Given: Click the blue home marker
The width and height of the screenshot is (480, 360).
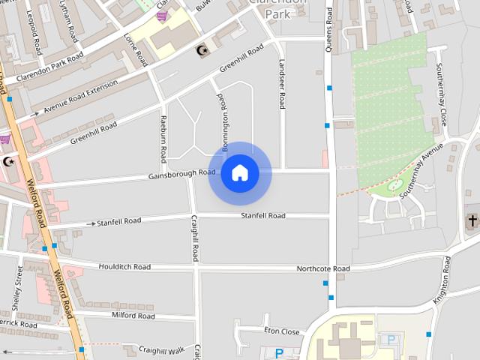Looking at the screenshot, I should pyautogui.click(x=239, y=172).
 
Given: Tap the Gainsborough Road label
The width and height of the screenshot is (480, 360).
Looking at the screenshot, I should pyautogui.click(x=181, y=173).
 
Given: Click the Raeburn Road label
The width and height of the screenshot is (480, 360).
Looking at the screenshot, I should pyautogui.click(x=163, y=138).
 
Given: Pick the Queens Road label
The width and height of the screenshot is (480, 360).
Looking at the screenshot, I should pyautogui.click(x=328, y=30).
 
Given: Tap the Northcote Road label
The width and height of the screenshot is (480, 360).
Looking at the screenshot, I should pyautogui.click(x=322, y=268).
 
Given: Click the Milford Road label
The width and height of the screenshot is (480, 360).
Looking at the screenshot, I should pyautogui.click(x=133, y=316).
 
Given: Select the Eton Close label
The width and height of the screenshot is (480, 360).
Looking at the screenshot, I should pyautogui.click(x=281, y=331).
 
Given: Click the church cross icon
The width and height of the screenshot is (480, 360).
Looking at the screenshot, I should pyautogui.click(x=472, y=221).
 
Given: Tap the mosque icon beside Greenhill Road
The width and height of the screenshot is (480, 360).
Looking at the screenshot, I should pyautogui.click(x=200, y=51).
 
